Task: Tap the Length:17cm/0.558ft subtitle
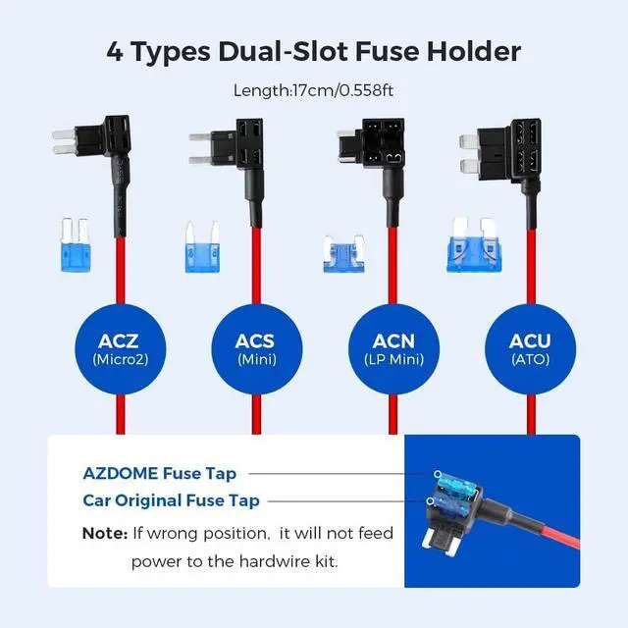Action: click(313, 90)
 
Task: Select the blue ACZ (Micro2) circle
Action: click(118, 348)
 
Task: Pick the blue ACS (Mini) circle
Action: click(254, 348)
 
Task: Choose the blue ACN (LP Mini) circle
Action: click(392, 348)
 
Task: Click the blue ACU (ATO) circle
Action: click(529, 348)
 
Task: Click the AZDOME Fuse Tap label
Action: click(159, 474)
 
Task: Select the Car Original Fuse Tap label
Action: click(172, 501)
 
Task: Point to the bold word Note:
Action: click(104, 533)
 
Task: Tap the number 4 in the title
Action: click(117, 51)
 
